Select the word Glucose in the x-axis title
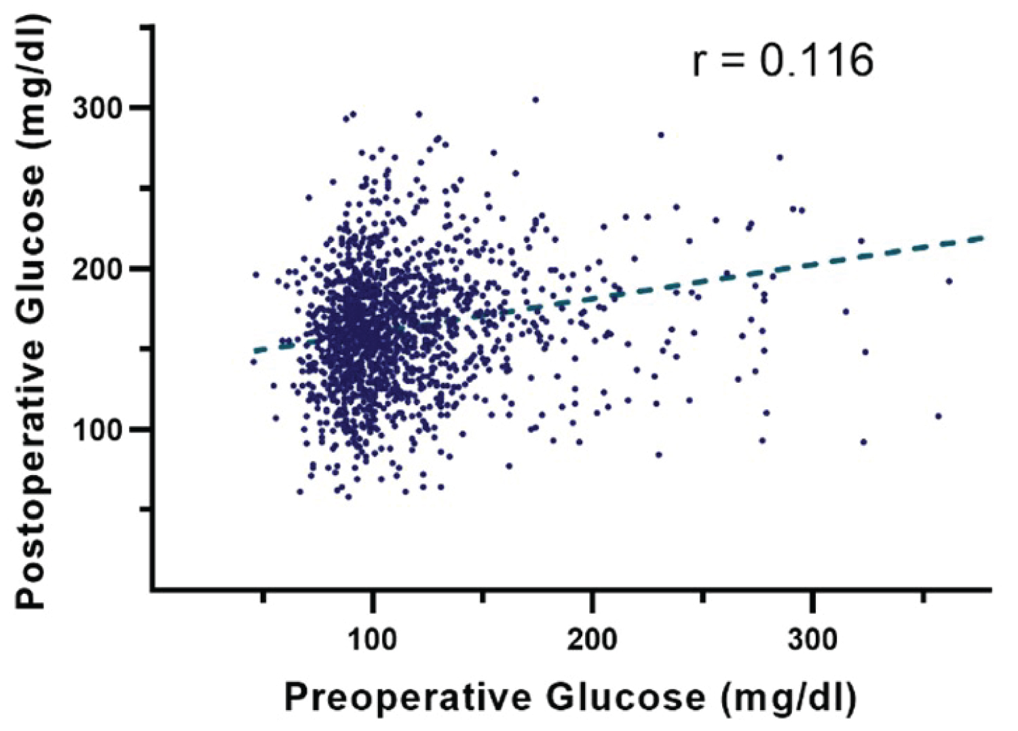(x=624, y=698)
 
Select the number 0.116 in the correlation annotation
(x=816, y=61)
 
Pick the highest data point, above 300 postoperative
(x=535, y=100)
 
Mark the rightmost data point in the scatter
(x=949, y=281)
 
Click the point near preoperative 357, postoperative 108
(x=939, y=416)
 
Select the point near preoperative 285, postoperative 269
(x=779, y=157)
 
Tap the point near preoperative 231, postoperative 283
(x=660, y=135)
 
